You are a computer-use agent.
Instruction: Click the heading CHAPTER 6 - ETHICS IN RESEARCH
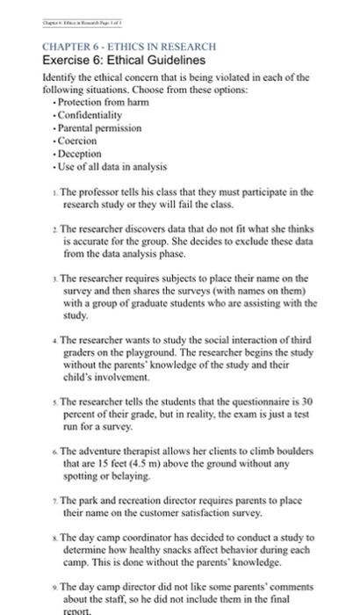tap(117, 45)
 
